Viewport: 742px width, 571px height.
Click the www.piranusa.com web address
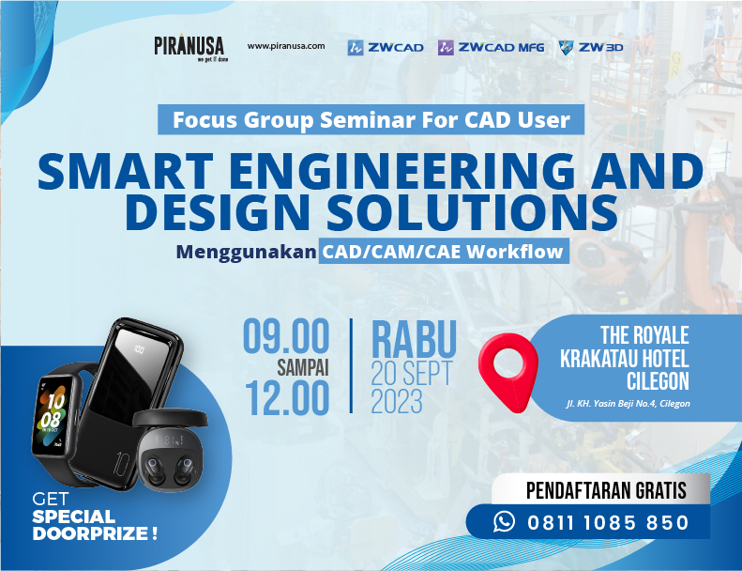[x=286, y=46]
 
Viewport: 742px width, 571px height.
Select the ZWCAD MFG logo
[x=491, y=47]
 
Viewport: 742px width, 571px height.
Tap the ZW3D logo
[x=591, y=47]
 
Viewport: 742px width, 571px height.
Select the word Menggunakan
[x=246, y=252]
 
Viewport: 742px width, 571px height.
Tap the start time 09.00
[x=286, y=336]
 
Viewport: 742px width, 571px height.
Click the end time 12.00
[x=286, y=397]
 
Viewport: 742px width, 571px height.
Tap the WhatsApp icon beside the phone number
[x=505, y=522]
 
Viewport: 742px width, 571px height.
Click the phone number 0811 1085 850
[x=608, y=523]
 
